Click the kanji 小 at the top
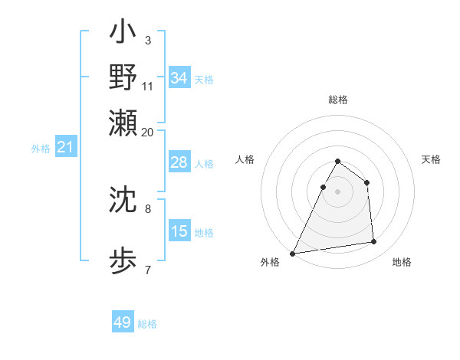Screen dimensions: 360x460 (x=123, y=34)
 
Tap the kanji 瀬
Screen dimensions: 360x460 (x=123, y=121)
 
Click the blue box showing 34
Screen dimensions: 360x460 (x=179, y=78)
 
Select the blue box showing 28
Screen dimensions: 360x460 (x=179, y=163)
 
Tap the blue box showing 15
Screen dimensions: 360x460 (x=179, y=232)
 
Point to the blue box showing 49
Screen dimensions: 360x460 (x=123, y=323)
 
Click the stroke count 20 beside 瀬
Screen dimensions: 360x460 (x=147, y=132)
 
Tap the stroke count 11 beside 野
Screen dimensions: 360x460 (x=148, y=86)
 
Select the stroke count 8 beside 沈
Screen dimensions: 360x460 (x=148, y=207)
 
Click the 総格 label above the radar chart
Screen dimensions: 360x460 (x=338, y=100)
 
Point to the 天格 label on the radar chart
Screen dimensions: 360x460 (x=432, y=159)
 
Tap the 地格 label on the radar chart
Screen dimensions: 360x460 (x=402, y=263)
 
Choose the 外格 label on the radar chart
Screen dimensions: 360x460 (x=270, y=263)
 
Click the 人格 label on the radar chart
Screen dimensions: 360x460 (x=245, y=159)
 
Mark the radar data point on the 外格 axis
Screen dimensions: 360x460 (x=293, y=254)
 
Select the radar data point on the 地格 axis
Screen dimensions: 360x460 (x=374, y=242)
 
